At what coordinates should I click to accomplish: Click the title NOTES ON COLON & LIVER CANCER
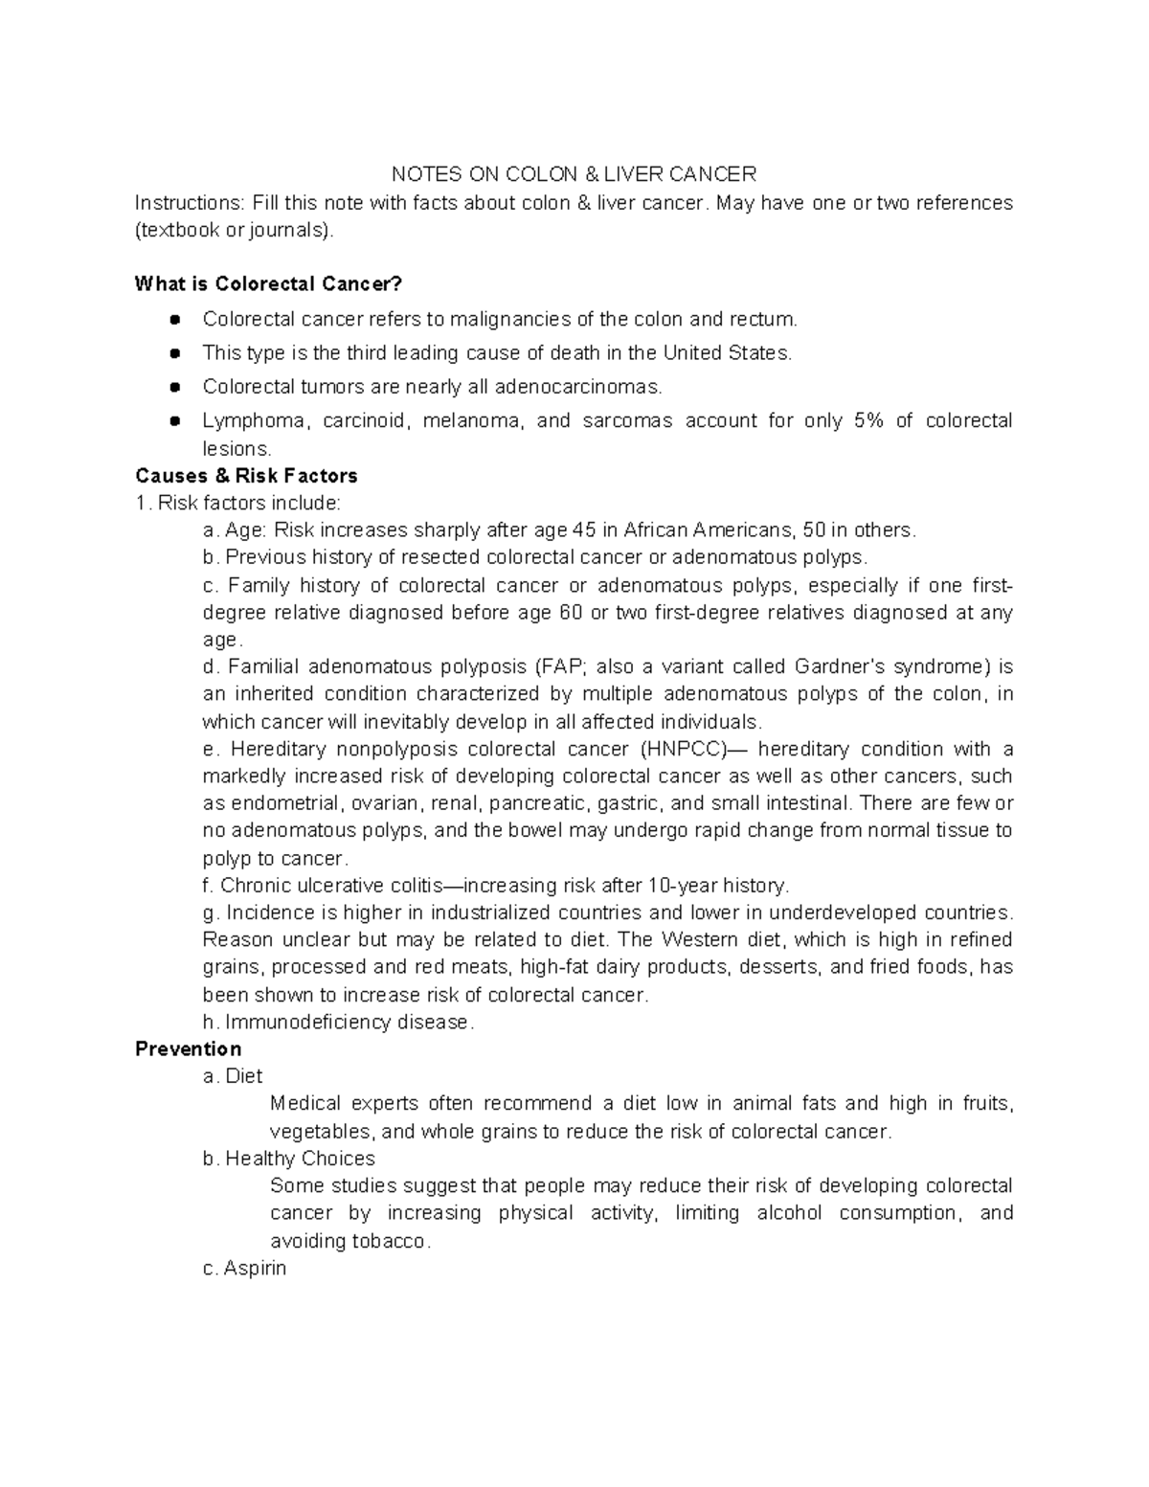pyautogui.click(x=574, y=174)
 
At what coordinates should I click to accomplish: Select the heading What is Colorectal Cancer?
pyautogui.click(x=269, y=284)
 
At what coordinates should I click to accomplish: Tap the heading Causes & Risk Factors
pyautogui.click(x=246, y=476)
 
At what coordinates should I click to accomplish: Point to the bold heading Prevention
pyautogui.click(x=188, y=1048)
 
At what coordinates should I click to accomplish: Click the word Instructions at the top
pyautogui.click(x=189, y=203)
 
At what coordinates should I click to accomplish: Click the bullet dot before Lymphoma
pyautogui.click(x=174, y=421)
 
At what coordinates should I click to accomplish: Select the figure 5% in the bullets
pyautogui.click(x=867, y=421)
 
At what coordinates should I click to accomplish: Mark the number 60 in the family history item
pyautogui.click(x=569, y=613)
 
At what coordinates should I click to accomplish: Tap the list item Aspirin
pyautogui.click(x=254, y=1269)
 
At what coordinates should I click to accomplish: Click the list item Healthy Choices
pyautogui.click(x=300, y=1159)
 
